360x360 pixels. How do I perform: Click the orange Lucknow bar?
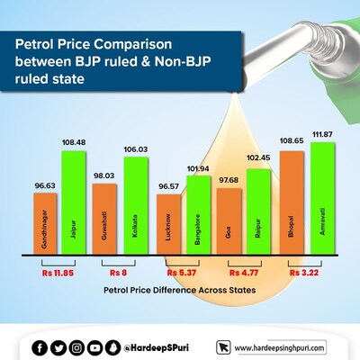166,225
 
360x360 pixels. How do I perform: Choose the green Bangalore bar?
195,216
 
